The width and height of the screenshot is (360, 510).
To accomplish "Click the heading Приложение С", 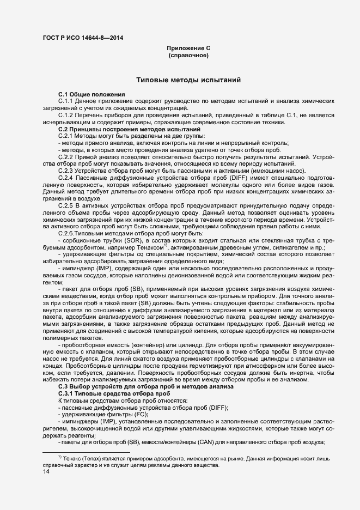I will (x=188, y=48).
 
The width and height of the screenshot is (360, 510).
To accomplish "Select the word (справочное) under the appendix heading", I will (x=188, y=56).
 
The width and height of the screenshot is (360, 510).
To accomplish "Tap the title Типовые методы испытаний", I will (x=188, y=81).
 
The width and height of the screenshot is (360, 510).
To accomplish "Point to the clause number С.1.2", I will (x=66, y=116).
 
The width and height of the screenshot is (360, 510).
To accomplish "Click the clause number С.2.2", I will (x=66, y=156).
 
